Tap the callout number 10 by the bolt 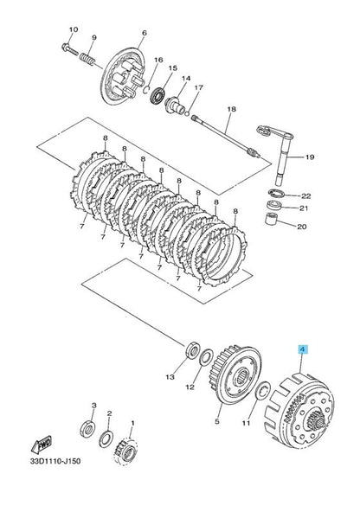point(72,30)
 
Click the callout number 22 point(305,195)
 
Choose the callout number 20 point(302,227)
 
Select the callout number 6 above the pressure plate point(145,32)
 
